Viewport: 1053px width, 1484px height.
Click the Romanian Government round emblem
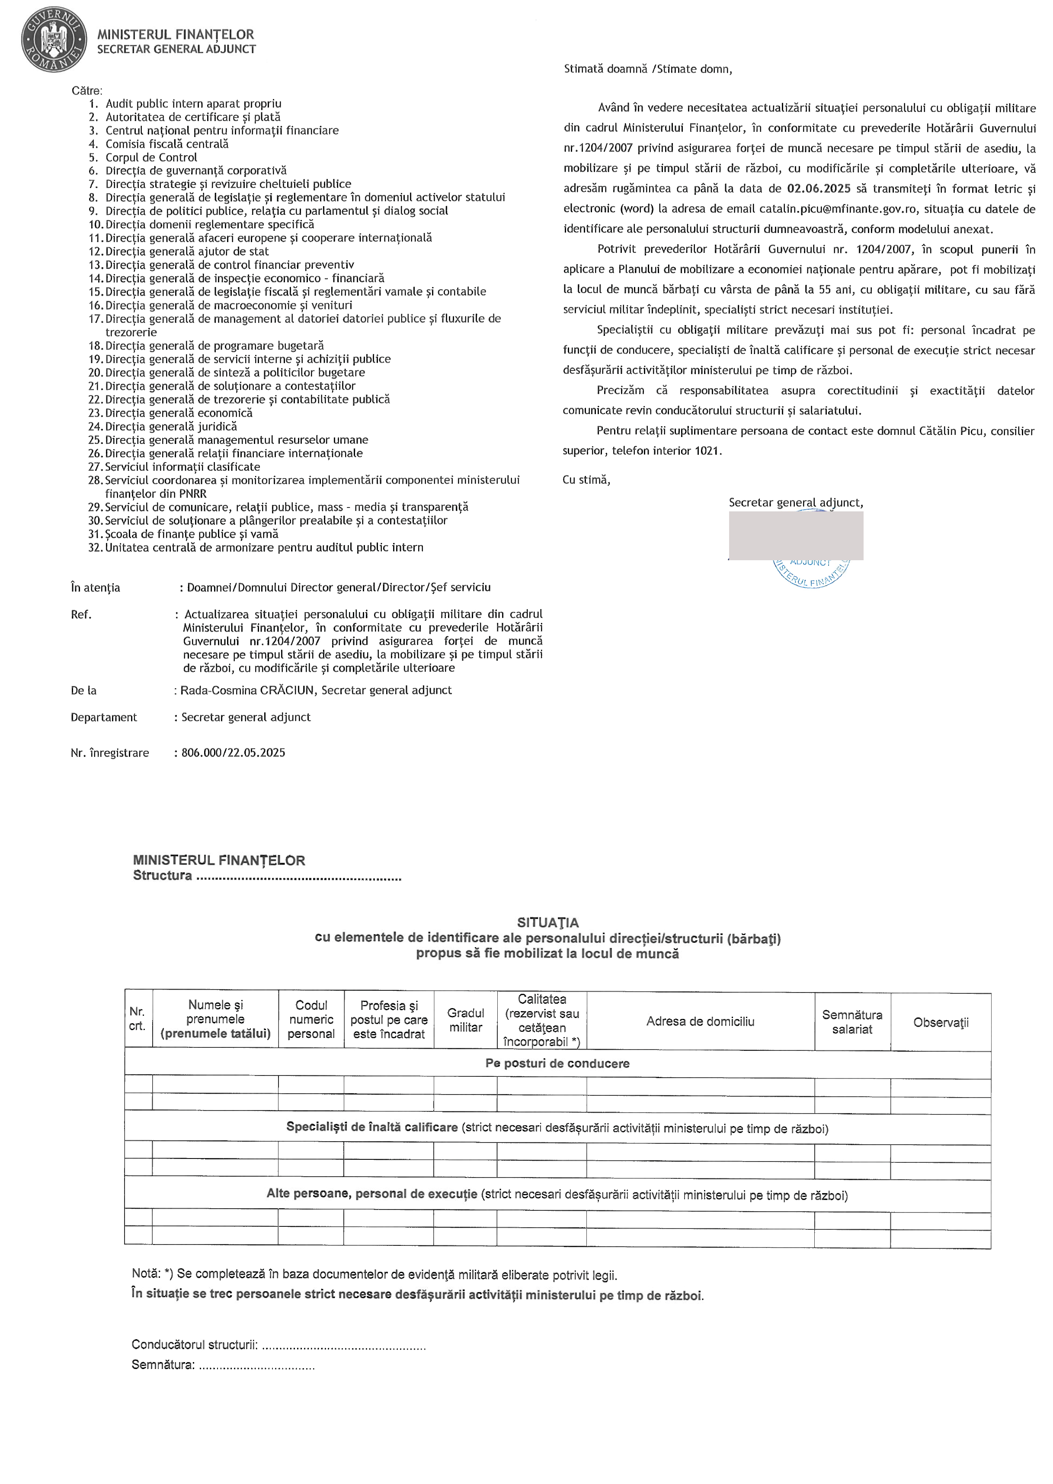tap(53, 39)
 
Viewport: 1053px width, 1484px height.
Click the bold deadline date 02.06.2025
tap(818, 188)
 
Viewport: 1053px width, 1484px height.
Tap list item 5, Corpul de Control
tap(151, 157)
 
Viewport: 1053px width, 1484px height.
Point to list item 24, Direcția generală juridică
tap(171, 426)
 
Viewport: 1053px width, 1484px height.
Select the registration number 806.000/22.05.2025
tap(233, 752)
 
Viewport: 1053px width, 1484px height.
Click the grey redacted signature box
tap(796, 535)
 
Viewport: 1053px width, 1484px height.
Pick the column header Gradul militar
tap(466, 1020)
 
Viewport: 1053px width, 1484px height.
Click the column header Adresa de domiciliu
tap(700, 1021)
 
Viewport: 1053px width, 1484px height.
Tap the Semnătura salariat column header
tap(852, 1022)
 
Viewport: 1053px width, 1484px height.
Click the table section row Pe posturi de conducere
tap(557, 1063)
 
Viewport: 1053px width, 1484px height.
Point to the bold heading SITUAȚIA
tap(548, 922)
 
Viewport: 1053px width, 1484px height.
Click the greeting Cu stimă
tap(586, 479)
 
